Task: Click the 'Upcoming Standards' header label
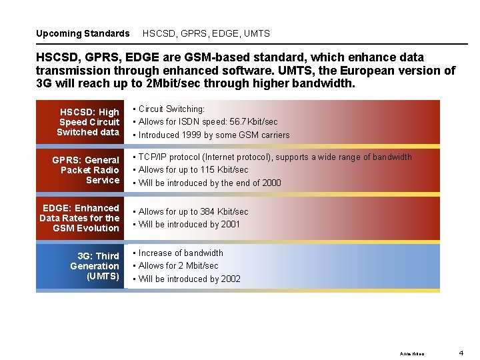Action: tap(83, 33)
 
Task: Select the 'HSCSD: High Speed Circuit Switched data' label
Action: tap(88, 122)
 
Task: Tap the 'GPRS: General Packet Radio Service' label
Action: tap(85, 170)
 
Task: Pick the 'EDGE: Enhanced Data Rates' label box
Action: tap(79, 218)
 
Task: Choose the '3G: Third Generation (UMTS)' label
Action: tap(95, 266)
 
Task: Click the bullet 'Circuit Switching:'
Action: tap(171, 109)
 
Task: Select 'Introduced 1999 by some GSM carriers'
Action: tap(213, 135)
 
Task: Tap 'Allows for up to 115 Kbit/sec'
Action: tap(193, 170)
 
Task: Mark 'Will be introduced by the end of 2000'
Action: tap(209, 183)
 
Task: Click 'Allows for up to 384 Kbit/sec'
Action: tap(193, 211)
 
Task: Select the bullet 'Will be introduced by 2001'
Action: tap(189, 225)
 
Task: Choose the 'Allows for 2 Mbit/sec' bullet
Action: tap(178, 266)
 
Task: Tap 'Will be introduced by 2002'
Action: tap(189, 279)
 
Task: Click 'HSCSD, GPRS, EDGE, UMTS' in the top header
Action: tap(206, 33)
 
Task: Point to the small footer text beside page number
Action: tap(411, 353)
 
